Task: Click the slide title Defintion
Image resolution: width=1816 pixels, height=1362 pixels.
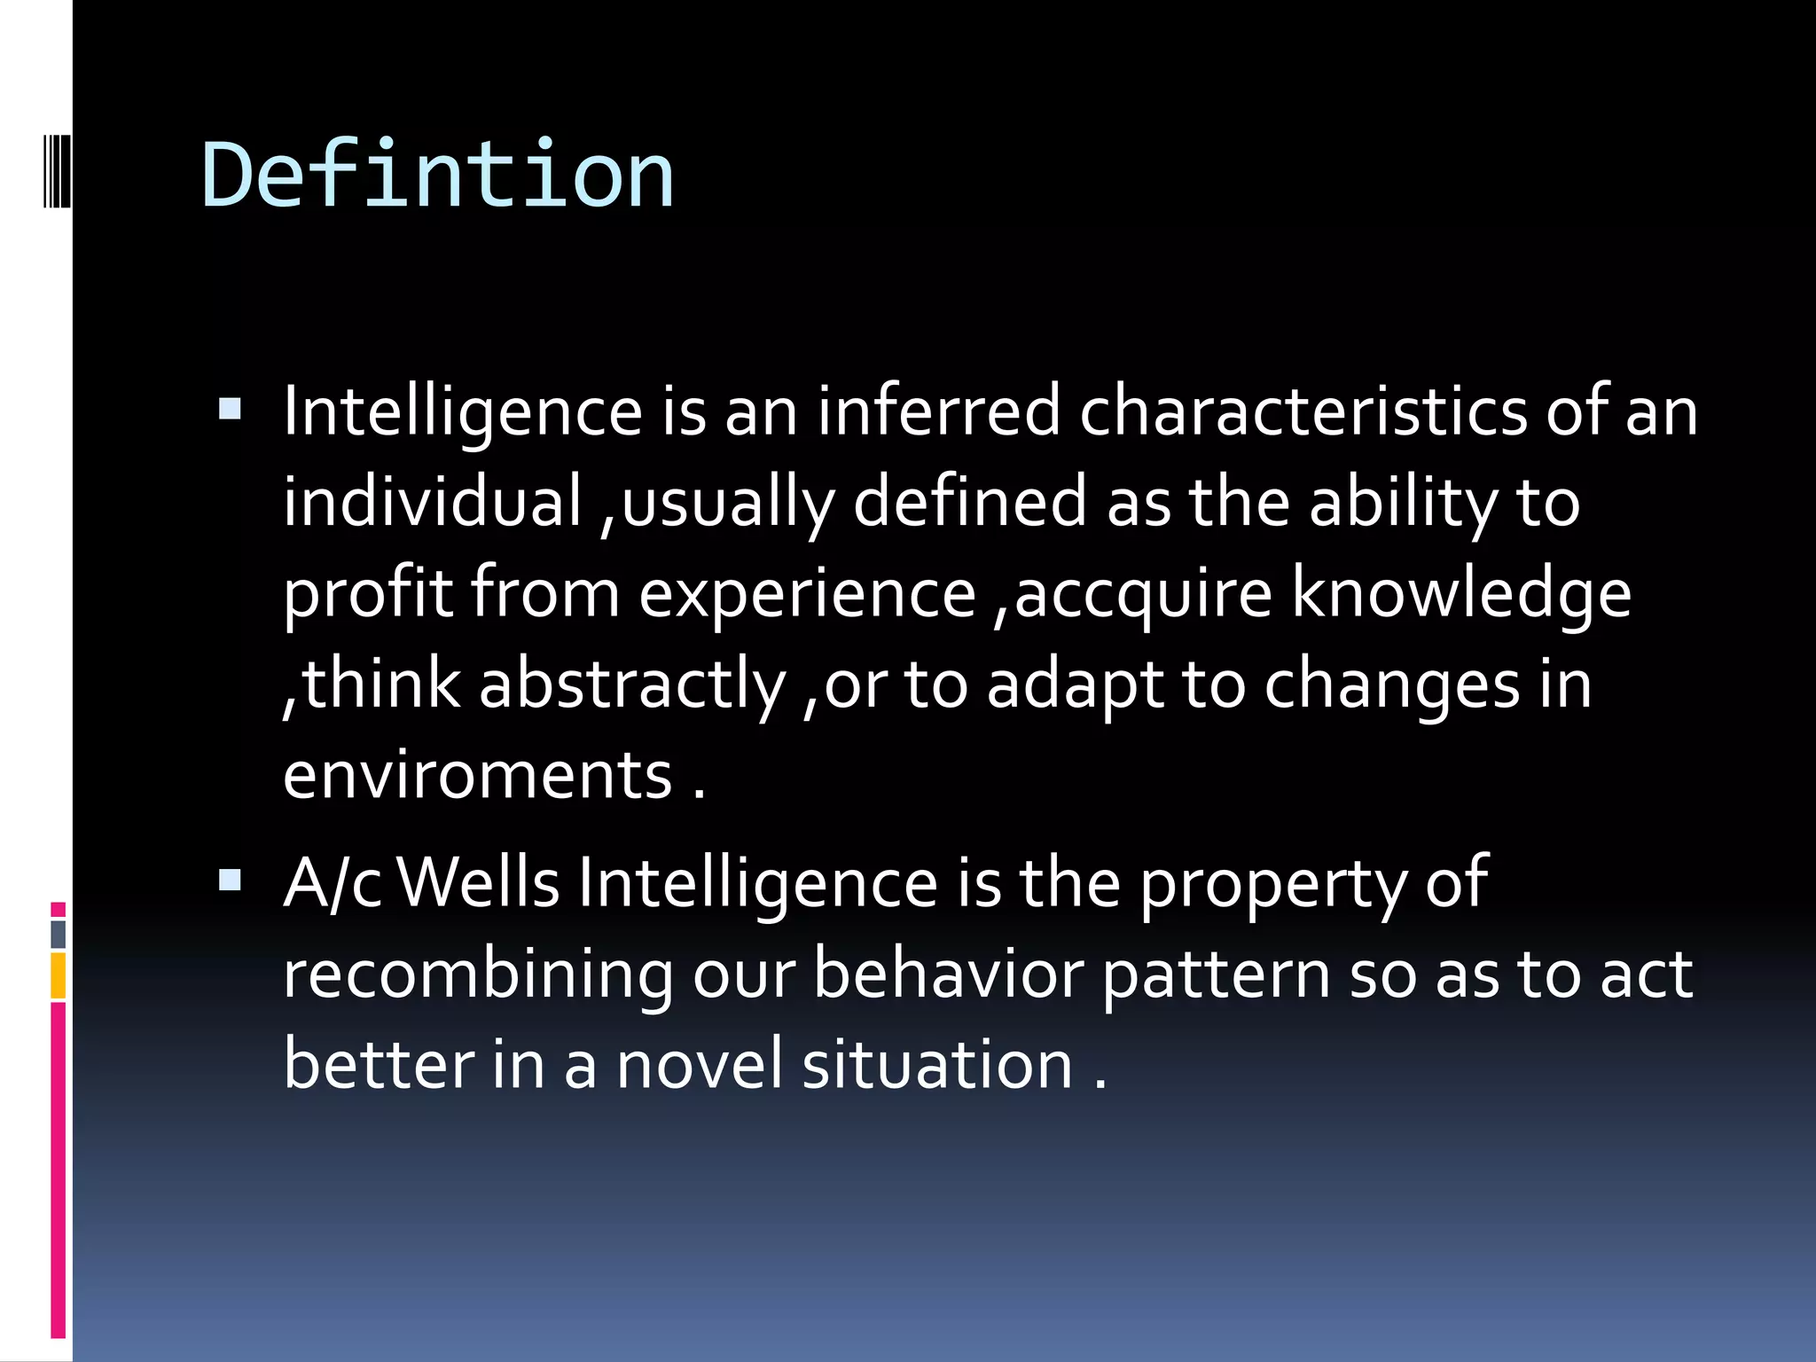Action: [438, 175]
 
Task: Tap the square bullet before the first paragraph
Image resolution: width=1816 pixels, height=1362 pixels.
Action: [230, 409]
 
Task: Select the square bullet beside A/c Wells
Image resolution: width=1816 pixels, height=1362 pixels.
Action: [230, 880]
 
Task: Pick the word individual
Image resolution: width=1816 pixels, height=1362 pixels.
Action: [432, 501]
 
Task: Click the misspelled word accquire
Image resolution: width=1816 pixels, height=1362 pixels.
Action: [1143, 592]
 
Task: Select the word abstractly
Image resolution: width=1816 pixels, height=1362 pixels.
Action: [632, 685]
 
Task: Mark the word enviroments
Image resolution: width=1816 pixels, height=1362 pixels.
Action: [478, 775]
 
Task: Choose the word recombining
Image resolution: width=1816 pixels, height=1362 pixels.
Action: [478, 975]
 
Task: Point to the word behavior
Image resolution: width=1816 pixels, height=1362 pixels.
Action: [948, 974]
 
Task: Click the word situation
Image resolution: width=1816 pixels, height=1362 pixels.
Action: [937, 1064]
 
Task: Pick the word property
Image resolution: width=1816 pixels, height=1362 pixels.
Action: [1272, 885]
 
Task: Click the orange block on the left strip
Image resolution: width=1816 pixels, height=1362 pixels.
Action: [59, 975]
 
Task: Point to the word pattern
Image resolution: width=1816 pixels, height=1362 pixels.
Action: [1216, 975]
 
